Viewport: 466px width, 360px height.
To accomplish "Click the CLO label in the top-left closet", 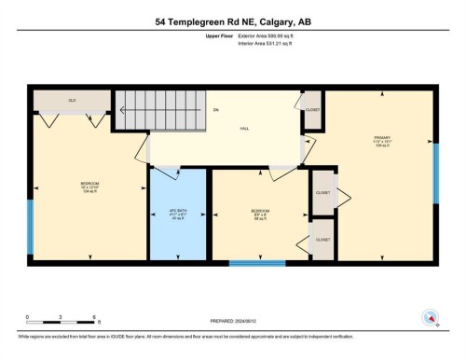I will (71, 99).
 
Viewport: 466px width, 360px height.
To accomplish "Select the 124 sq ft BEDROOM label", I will (89, 185).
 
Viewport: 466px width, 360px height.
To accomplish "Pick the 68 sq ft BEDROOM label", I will (261, 213).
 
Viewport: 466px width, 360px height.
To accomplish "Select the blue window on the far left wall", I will (30, 223).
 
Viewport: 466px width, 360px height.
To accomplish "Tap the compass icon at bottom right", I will (429, 317).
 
